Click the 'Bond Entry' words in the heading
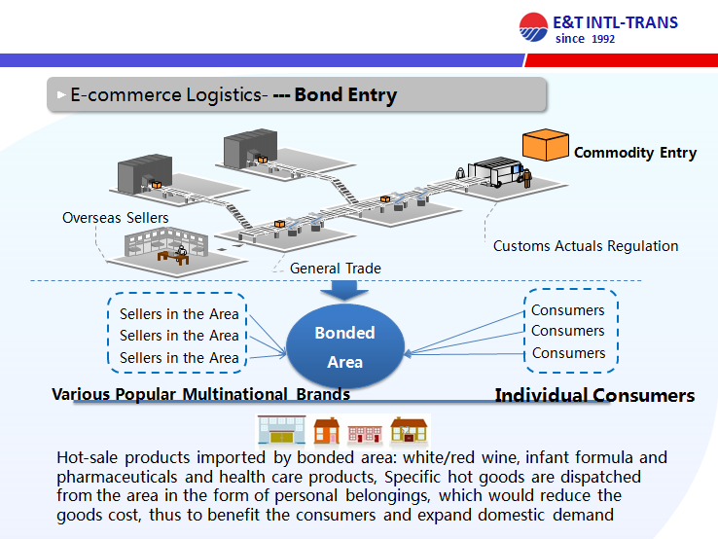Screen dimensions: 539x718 (x=345, y=95)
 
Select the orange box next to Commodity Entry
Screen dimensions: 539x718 (x=545, y=146)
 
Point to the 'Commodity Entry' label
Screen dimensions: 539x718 (x=635, y=153)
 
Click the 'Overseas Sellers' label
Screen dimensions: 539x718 (x=115, y=218)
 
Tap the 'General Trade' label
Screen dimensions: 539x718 (x=336, y=269)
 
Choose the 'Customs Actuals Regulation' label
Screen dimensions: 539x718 (x=586, y=246)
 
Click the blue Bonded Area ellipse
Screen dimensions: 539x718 (x=345, y=347)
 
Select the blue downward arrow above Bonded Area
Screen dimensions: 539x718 (x=345, y=291)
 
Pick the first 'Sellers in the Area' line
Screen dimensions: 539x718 (x=179, y=314)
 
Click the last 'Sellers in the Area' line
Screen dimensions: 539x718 (x=179, y=358)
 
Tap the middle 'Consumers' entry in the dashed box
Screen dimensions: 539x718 (x=568, y=331)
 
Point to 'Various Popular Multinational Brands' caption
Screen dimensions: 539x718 (x=200, y=395)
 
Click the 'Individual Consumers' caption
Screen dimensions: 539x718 (x=594, y=396)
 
